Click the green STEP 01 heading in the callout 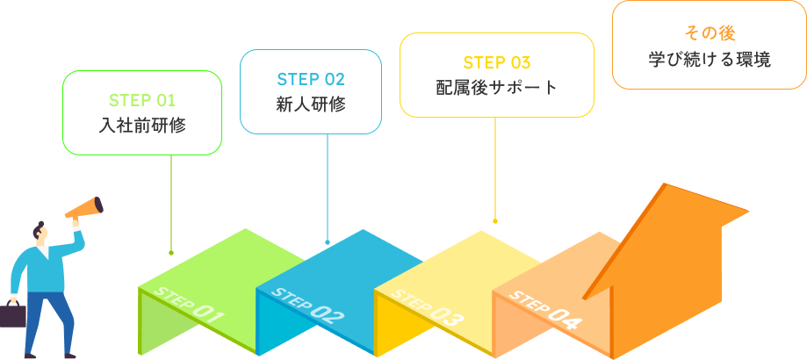[142, 100]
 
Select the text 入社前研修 [142, 126]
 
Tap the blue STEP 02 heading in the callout [311, 79]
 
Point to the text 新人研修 [311, 104]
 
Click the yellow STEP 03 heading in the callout [497, 62]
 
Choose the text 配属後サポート [497, 88]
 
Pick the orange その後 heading [710, 34]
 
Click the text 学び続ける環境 [710, 60]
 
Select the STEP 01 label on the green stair [189, 305]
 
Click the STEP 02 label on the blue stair [307, 306]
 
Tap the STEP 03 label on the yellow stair [427, 307]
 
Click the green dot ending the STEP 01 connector [171, 253]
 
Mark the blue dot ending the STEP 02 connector [328, 241]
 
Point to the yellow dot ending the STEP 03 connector [495, 221]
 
